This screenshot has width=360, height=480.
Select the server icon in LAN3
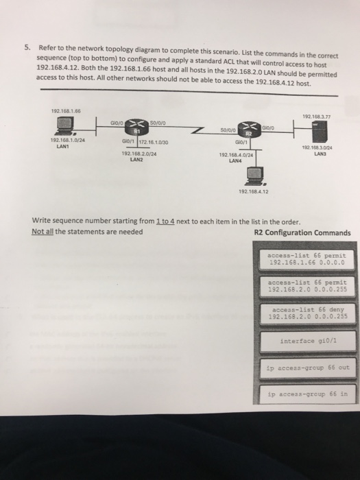pyautogui.click(x=316, y=130)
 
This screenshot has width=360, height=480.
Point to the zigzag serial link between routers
pyautogui.click(x=197, y=128)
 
